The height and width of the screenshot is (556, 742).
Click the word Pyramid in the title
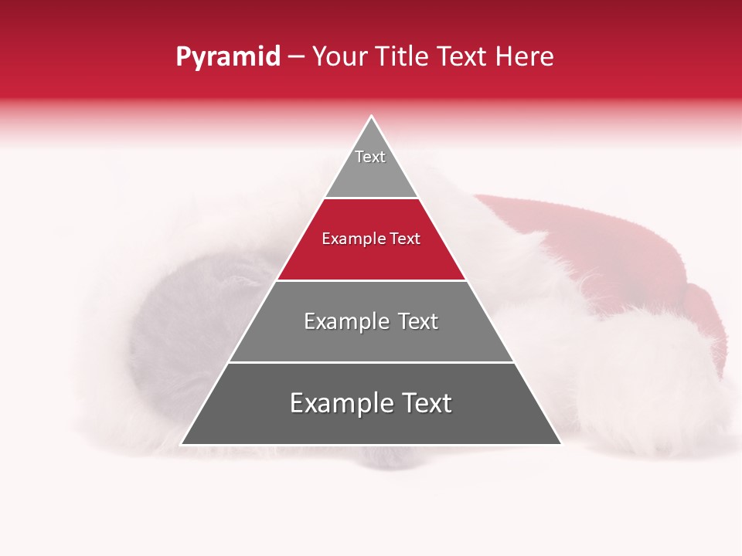point(227,57)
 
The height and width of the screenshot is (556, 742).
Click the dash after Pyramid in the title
point(296,58)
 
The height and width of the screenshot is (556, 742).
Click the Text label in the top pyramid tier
point(370,157)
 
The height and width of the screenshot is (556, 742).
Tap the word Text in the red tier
point(405,239)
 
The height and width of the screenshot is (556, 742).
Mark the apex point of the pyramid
point(371,117)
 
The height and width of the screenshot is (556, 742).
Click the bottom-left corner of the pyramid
point(182,444)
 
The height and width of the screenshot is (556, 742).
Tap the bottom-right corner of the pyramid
point(560,444)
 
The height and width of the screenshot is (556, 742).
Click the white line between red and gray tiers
point(371,280)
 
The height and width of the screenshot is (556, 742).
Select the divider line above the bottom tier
point(371,362)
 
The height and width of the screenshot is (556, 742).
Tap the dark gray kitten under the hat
point(178,324)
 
